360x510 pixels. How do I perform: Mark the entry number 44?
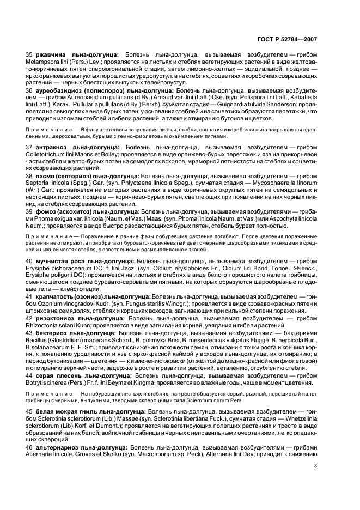(x=29, y=374)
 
